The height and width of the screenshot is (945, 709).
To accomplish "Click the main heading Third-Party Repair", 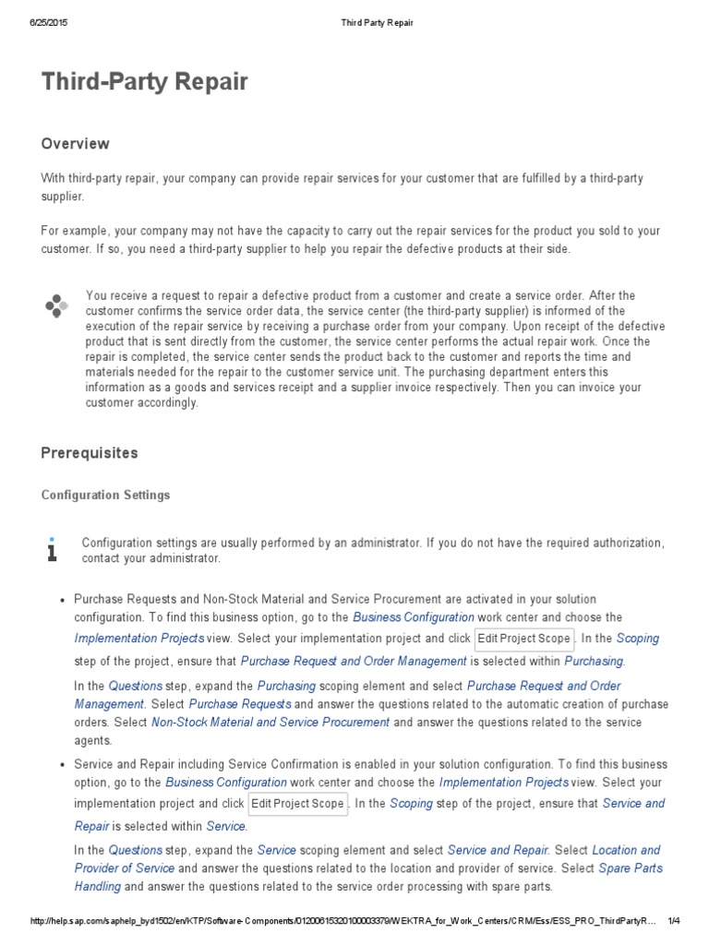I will (x=145, y=82).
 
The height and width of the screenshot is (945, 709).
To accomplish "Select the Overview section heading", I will (x=76, y=144).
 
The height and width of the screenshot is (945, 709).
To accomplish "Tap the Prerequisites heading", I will (x=90, y=453).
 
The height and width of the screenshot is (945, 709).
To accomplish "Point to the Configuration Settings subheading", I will (x=106, y=496).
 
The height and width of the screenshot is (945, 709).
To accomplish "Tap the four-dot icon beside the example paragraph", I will (x=56, y=305).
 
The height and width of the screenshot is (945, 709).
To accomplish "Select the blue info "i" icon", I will (x=53, y=549).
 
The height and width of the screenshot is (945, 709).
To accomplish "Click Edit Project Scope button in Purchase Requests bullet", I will (x=524, y=639).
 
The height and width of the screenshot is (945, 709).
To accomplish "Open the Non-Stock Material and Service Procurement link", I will (x=270, y=723).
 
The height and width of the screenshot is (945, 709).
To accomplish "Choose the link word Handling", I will (x=98, y=887).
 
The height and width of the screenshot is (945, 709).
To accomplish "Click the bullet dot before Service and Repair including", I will (x=60, y=765).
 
